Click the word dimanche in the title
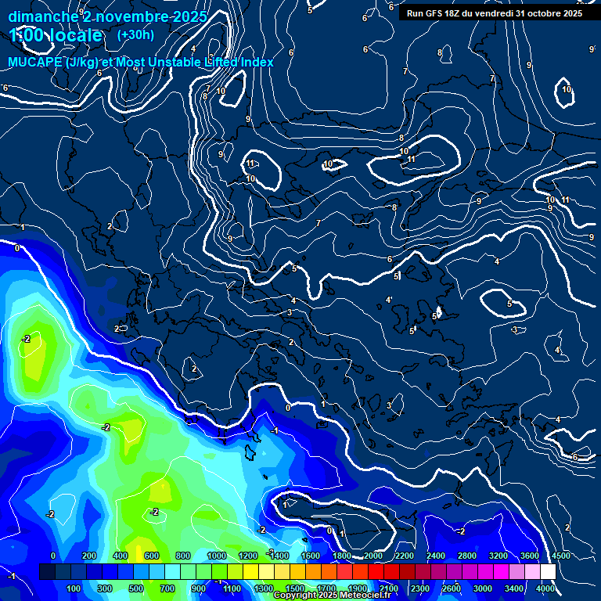(x=43, y=16)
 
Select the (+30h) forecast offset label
(x=135, y=35)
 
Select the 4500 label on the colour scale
(x=560, y=556)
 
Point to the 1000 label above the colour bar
(x=217, y=556)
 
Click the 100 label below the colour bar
(x=74, y=588)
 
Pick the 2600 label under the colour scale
(x=452, y=588)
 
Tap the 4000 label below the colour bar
(x=545, y=588)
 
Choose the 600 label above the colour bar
(x=151, y=556)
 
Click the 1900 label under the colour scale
(x=357, y=588)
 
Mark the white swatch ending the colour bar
(x=548, y=572)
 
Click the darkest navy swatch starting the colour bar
(x=47, y=572)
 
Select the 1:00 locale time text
(x=56, y=36)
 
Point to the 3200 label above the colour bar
(x=498, y=556)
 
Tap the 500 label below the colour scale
(x=136, y=588)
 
